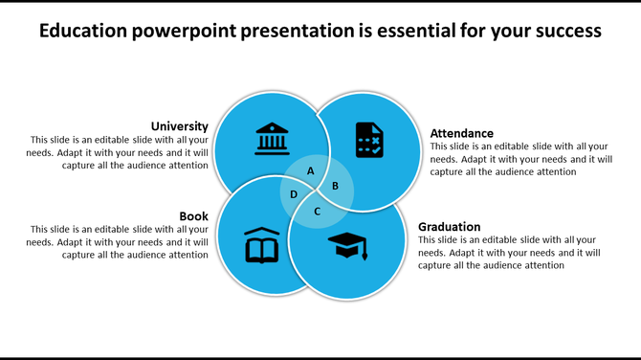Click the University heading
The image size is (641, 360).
click(x=179, y=125)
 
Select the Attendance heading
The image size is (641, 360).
click(x=462, y=133)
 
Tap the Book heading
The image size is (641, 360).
click(x=193, y=215)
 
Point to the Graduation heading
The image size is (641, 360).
click(x=449, y=227)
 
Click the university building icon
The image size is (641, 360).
click(x=273, y=139)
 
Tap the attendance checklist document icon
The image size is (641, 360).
click(x=369, y=140)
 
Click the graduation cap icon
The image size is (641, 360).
click(x=346, y=247)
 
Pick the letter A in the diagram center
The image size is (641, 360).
click(x=310, y=171)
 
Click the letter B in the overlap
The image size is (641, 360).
click(x=335, y=186)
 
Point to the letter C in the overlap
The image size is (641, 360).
click(x=318, y=210)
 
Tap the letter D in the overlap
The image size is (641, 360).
click(x=294, y=194)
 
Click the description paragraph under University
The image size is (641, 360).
click(x=119, y=152)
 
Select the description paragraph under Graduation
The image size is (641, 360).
click(x=509, y=253)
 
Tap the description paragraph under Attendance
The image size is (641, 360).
click(x=520, y=159)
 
